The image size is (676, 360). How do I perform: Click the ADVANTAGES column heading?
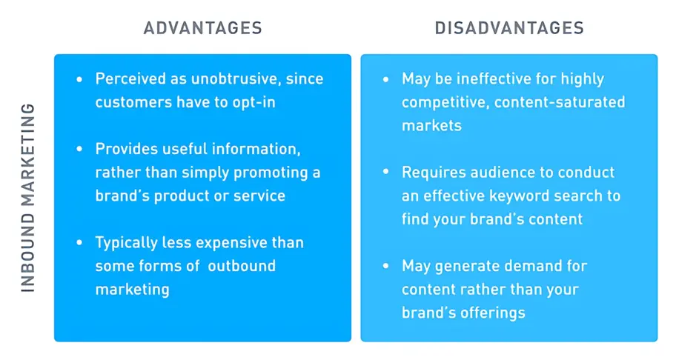pos(202,29)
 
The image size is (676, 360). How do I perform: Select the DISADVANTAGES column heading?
pos(509,29)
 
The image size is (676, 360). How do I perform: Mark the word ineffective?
pos(492,79)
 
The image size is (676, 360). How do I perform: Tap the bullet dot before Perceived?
pos(79,79)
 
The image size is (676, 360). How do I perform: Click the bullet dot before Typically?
pos(79,242)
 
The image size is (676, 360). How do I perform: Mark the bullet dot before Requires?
pos(385,173)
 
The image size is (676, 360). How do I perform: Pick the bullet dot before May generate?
pos(385,265)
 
